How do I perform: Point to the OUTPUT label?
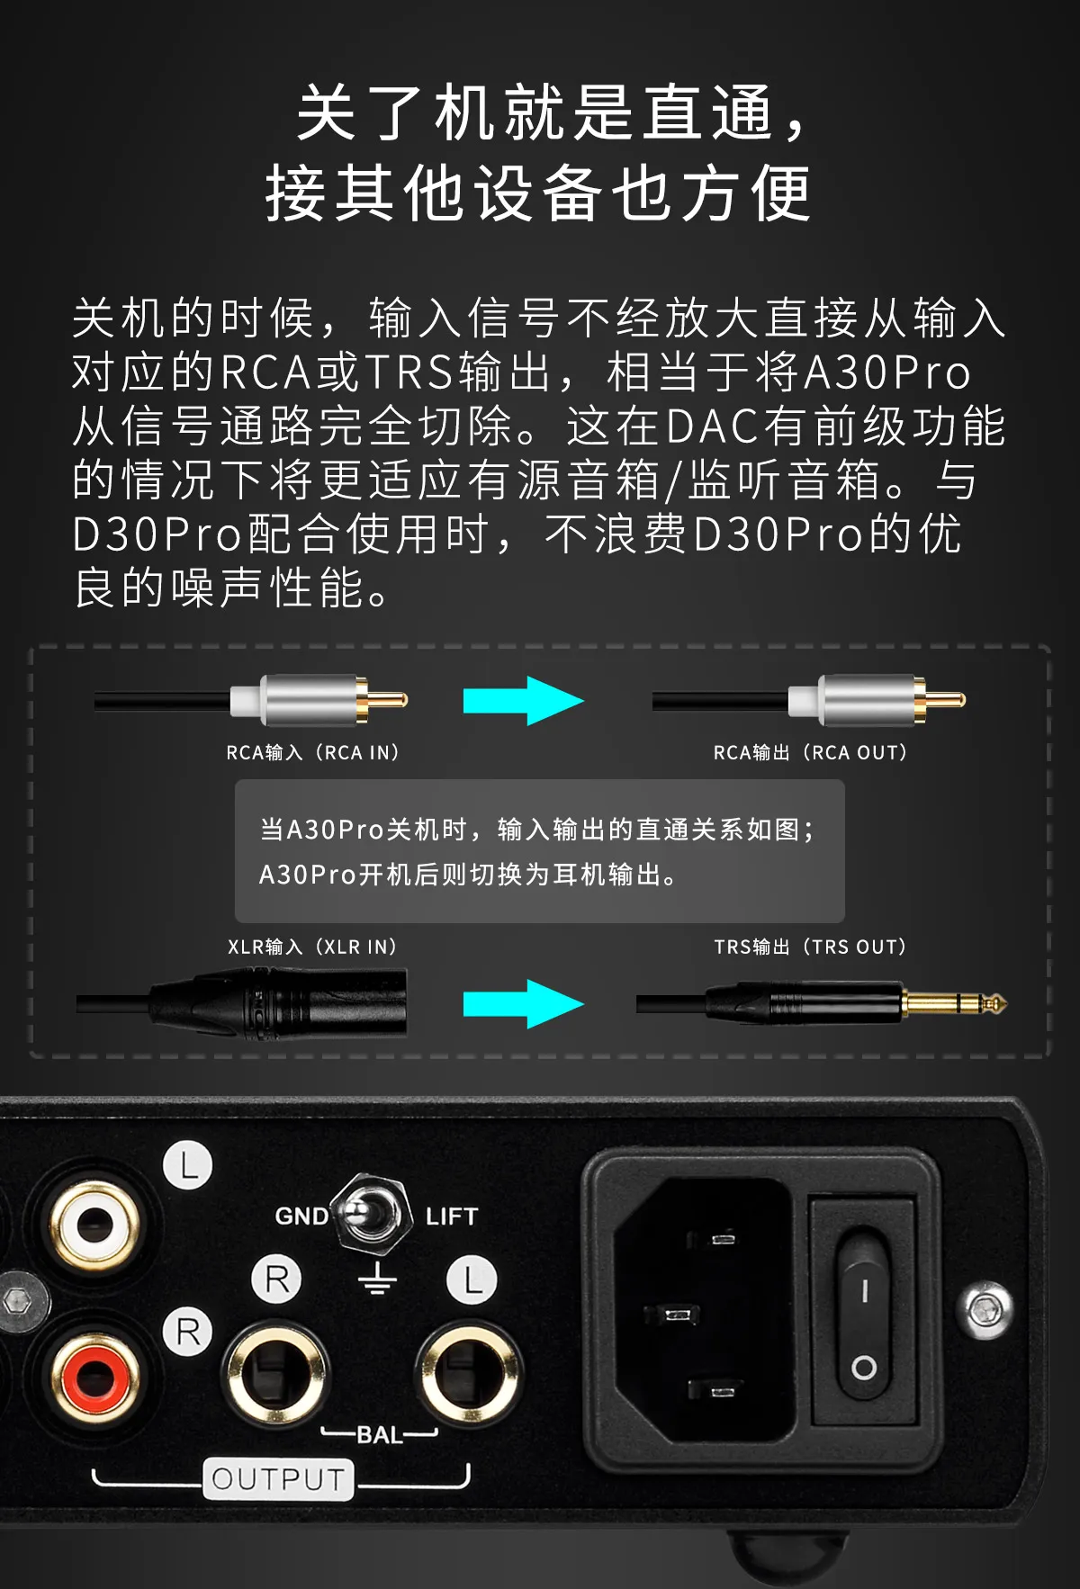[x=278, y=1478]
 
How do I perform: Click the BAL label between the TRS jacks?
[x=380, y=1435]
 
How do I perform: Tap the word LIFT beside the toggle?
[x=452, y=1216]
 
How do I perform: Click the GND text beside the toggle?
[x=301, y=1216]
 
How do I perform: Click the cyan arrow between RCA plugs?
[x=524, y=701]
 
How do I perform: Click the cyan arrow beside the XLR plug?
[x=524, y=1004]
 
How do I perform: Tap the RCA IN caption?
[x=312, y=752]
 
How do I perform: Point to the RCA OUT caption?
[x=810, y=752]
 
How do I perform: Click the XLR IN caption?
[x=312, y=947]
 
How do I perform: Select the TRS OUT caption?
[x=810, y=947]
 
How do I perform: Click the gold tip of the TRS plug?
[x=955, y=1003]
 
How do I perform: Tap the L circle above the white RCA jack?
[x=188, y=1166]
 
